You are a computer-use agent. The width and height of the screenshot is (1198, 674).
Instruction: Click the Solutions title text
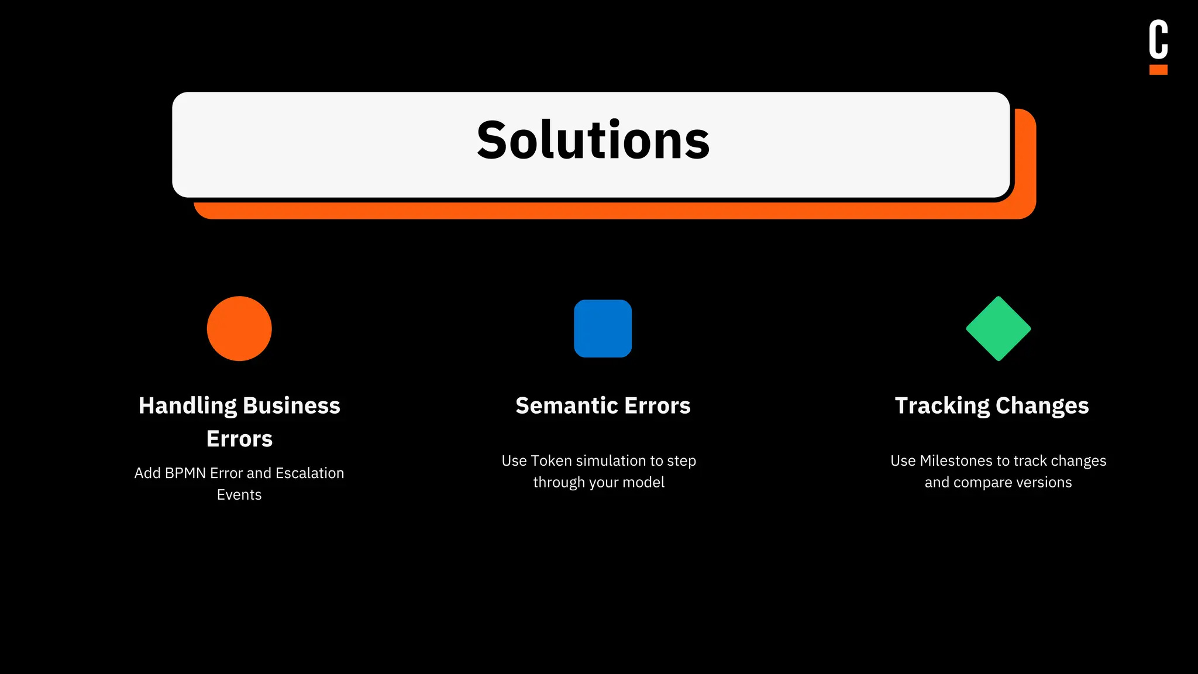tap(593, 140)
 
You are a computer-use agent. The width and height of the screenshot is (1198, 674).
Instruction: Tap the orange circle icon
tap(239, 328)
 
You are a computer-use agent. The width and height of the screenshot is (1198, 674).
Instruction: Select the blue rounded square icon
tap(603, 328)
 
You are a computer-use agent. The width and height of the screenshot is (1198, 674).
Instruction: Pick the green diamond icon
tap(998, 328)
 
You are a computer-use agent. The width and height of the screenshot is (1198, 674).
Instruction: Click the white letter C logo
tap(1158, 39)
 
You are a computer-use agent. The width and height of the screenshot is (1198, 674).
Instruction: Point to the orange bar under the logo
tap(1158, 70)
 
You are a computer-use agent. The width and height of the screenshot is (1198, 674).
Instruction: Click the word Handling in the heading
tap(187, 406)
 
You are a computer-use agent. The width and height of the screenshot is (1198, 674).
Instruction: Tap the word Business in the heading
tap(291, 406)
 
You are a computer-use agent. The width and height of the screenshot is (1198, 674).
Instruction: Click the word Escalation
tap(309, 473)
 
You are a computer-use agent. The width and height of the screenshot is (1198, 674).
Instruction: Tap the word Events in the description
tap(239, 495)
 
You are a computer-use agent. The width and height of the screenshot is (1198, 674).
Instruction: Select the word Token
tap(552, 461)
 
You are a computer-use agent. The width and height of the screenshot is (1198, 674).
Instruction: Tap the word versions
tap(1044, 483)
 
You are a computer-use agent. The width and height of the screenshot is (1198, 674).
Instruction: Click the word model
tap(646, 483)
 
